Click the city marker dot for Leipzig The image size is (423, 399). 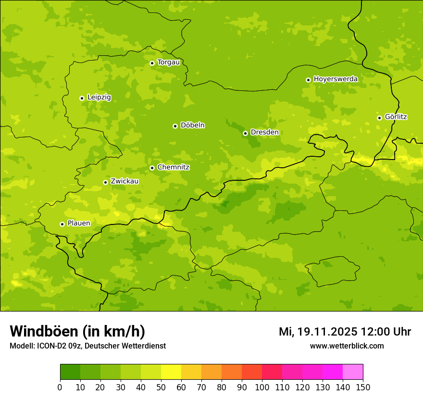(x=82, y=98)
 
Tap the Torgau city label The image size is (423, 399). (x=168, y=62)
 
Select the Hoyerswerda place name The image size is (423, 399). (x=336, y=79)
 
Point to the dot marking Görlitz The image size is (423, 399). (x=379, y=118)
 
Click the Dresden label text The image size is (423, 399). (x=264, y=133)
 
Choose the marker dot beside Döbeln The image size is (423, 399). (x=175, y=126)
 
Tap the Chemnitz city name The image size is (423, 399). (x=173, y=168)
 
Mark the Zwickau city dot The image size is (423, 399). (x=105, y=182)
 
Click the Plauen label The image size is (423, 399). (x=79, y=224)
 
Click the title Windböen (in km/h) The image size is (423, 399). (x=77, y=332)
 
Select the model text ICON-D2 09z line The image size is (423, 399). (x=87, y=346)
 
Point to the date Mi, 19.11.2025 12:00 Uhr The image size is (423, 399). (x=345, y=332)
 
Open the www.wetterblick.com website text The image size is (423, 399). (x=347, y=346)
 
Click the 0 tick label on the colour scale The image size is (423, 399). (x=60, y=387)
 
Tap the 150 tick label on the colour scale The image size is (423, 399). (x=363, y=387)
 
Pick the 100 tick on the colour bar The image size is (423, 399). (x=262, y=387)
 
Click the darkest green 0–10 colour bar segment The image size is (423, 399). (x=70, y=372)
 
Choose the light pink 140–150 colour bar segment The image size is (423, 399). (x=353, y=372)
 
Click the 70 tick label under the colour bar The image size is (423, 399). (x=201, y=387)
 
